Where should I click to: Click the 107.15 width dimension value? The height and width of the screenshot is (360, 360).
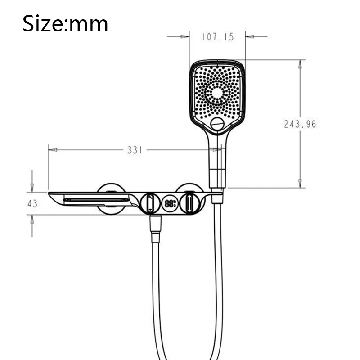pos(217,37)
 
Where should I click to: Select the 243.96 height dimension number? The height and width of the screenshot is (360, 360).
pos(300,124)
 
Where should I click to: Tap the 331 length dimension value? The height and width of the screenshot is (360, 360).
pos(135,150)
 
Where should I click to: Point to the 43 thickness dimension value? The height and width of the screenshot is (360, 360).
pos(32,203)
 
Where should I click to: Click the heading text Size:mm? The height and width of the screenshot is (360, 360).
pos(65,23)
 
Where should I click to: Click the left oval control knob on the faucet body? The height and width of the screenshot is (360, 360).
pos(149,203)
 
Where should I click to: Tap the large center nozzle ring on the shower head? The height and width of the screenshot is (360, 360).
pos(217,93)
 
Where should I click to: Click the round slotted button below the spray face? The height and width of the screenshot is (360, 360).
pos(217,124)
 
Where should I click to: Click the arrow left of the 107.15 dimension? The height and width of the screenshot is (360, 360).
pos(184,36)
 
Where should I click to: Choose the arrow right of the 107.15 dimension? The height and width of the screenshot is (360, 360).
pos(251,36)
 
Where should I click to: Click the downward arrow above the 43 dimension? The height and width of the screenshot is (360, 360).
pos(32,187)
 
